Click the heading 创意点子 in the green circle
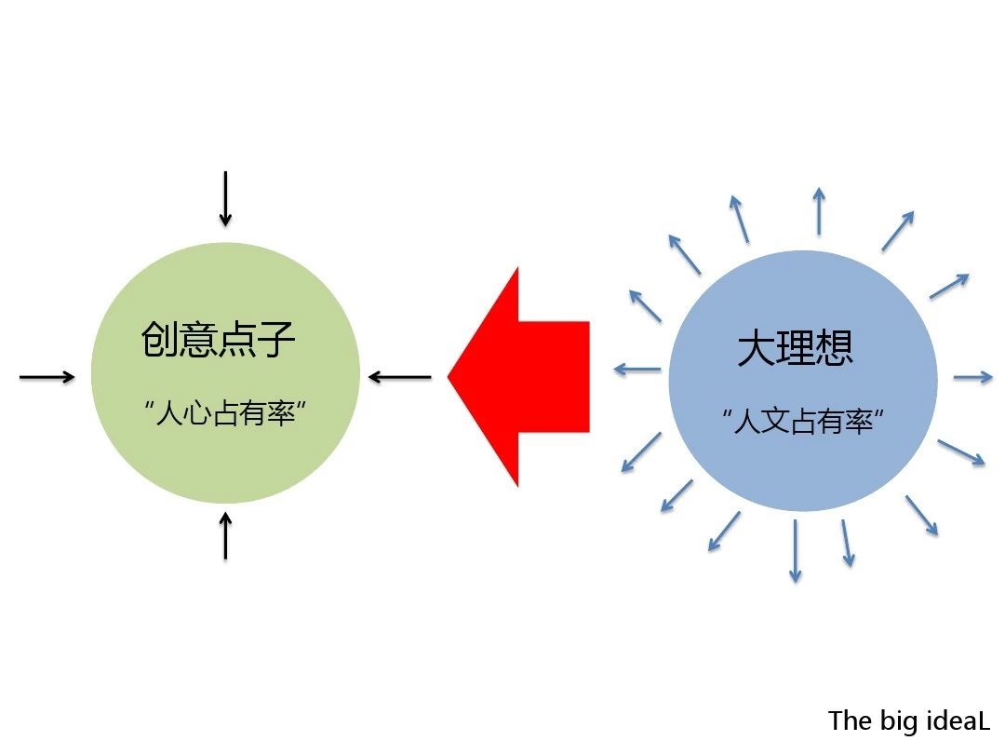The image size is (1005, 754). (218, 339)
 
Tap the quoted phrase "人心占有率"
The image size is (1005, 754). (225, 413)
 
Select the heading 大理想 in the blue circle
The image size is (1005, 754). (796, 347)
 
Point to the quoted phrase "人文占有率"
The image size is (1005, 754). (803, 422)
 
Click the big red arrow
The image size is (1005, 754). (518, 377)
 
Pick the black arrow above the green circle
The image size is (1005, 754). (225, 199)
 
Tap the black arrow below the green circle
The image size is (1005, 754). (225, 535)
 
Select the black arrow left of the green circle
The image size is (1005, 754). (47, 377)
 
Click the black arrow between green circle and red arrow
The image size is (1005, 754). (400, 377)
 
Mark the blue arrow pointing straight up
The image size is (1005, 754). (819, 211)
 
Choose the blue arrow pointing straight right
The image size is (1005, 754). (973, 377)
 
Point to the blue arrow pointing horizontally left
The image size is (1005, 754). (637, 370)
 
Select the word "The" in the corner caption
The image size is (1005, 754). (850, 720)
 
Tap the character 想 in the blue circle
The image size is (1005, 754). (835, 347)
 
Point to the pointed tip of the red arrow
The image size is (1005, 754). (448, 377)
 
